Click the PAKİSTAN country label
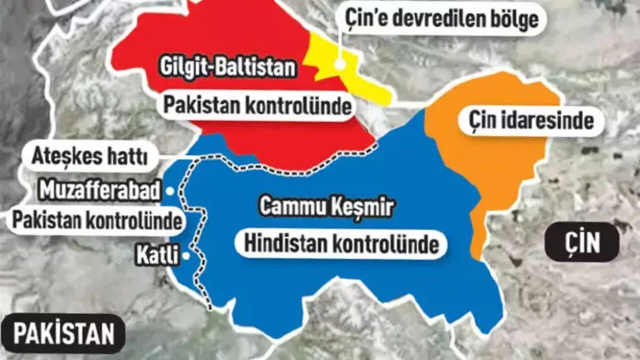point(63,334)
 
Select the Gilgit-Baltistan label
point(227,68)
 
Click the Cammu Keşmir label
point(326,207)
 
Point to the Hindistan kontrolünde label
point(341,244)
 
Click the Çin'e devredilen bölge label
point(442,19)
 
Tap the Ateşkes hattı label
point(90,156)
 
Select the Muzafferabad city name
point(100,191)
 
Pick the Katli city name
point(157,256)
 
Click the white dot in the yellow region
point(340,64)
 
